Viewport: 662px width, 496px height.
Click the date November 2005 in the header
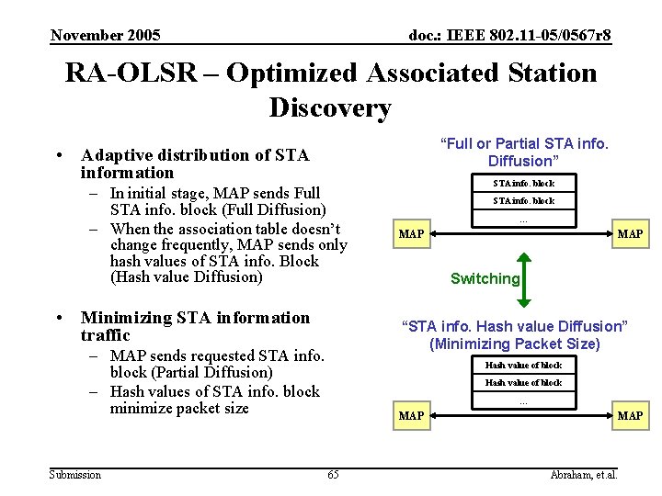106,36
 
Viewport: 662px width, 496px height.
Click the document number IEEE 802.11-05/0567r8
509,36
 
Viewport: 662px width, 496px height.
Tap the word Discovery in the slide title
330,107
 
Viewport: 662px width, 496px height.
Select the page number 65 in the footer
333,474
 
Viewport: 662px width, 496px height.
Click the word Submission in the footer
75,474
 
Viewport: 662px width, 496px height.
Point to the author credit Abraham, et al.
583,474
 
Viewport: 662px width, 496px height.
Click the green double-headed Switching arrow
521,279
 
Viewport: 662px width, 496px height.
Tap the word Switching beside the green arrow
485,279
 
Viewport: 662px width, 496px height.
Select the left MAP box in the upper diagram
411,234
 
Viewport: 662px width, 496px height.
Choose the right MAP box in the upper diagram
630,234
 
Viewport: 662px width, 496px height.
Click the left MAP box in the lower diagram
411,416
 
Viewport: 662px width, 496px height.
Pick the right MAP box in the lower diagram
630,416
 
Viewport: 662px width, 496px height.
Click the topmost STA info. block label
523,183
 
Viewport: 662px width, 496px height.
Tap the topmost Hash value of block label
523,365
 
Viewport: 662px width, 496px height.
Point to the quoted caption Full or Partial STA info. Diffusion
524,152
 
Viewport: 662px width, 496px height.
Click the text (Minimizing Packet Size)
514,344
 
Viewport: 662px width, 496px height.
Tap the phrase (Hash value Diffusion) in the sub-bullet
186,276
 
